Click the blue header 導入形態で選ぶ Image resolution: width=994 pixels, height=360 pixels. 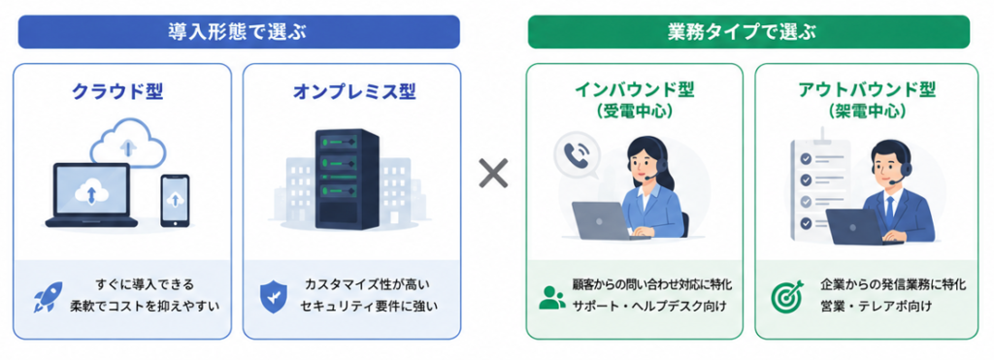point(239,32)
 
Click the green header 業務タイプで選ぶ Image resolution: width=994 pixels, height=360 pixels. point(748,32)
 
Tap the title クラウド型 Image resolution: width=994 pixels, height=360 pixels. point(117,92)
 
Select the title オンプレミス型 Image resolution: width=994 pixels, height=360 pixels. point(353,92)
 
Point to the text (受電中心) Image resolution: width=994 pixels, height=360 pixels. point(634,112)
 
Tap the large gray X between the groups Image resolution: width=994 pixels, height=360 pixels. point(493,173)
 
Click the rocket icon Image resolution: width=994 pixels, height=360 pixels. point(49,297)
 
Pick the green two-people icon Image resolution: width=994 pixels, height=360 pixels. point(552,297)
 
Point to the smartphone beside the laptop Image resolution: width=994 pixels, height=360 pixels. point(175,200)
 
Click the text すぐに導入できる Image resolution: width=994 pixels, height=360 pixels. point(146,283)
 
